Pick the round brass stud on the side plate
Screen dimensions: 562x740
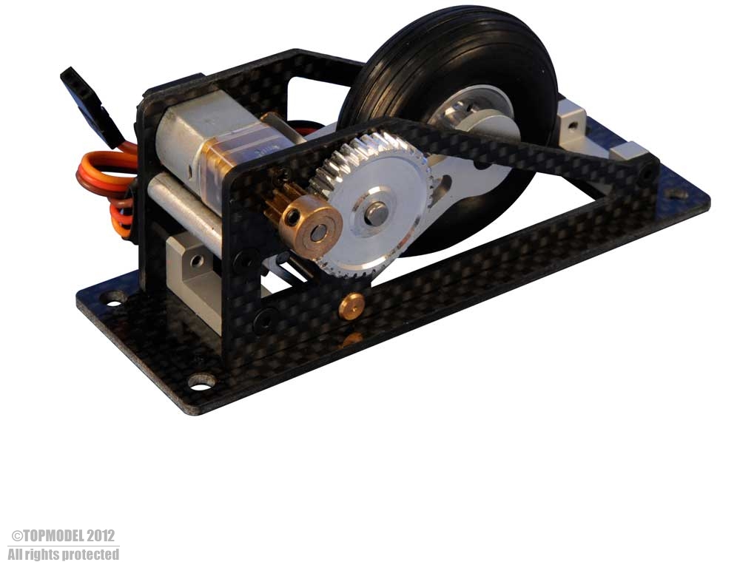[x=351, y=306]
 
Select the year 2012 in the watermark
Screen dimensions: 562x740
[x=101, y=536]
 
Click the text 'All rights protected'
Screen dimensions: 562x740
[x=63, y=554]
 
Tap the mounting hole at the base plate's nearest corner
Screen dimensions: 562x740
[x=201, y=382]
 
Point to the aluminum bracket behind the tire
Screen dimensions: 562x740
[x=572, y=122]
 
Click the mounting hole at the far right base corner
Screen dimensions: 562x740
[x=676, y=194]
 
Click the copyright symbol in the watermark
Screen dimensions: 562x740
[x=16, y=536]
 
